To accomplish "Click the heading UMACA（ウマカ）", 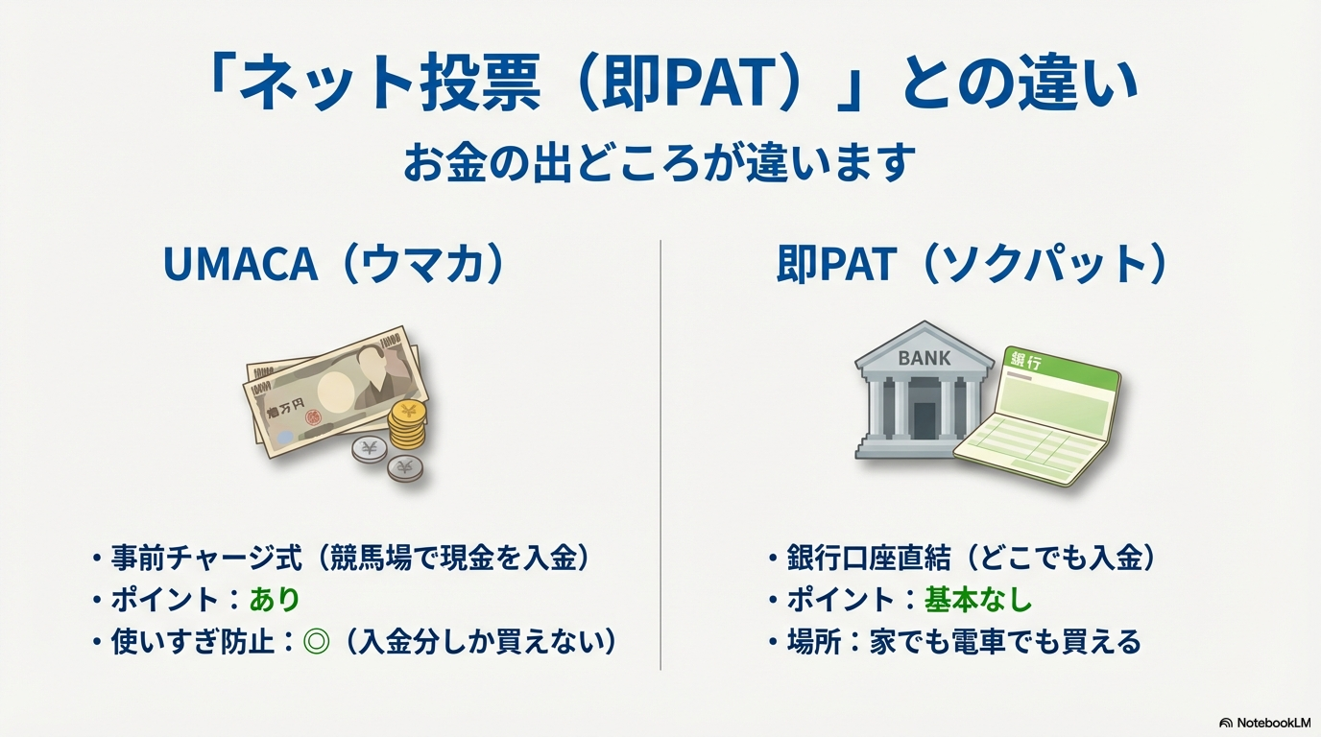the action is click(x=334, y=264).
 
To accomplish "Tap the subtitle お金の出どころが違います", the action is click(x=660, y=163).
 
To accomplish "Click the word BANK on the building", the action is click(x=925, y=358).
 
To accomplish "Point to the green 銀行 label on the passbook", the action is click(x=1026, y=361).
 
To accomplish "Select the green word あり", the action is click(x=275, y=600).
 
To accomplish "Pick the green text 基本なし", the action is click(x=977, y=600).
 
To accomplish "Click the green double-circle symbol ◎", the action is click(x=316, y=641).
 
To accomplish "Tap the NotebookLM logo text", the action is click(x=1273, y=723).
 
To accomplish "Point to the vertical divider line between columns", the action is click(x=660, y=455).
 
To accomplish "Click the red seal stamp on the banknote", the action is click(x=314, y=417).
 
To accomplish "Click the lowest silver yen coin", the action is click(x=405, y=468).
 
